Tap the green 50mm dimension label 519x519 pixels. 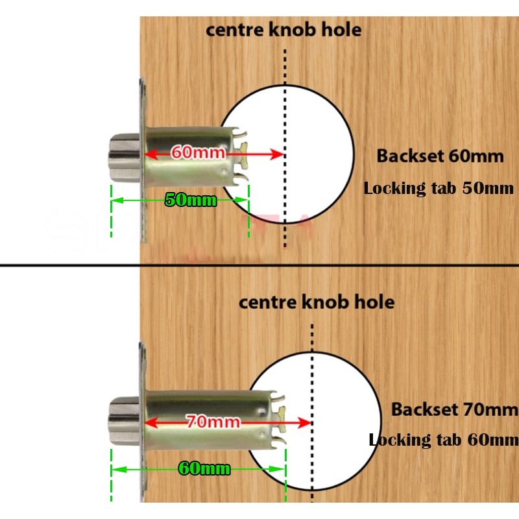coord(190,200)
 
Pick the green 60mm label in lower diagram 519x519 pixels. coord(202,468)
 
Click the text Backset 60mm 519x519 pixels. coord(440,156)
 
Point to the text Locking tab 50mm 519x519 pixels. coord(439,189)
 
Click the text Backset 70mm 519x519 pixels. coord(454,410)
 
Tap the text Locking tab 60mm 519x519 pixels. coord(444,441)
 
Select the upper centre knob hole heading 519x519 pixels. coord(284,30)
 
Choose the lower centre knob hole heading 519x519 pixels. coord(317,302)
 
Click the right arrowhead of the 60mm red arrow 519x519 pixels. coord(279,154)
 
